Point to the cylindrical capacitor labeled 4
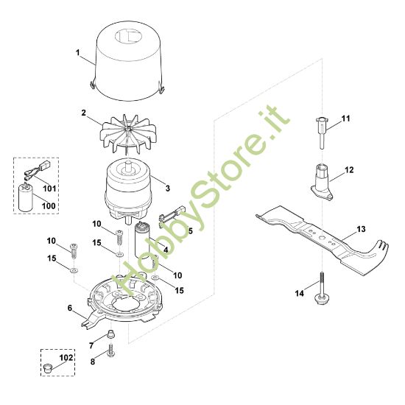(143, 238)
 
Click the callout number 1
(77, 53)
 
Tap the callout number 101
(49, 188)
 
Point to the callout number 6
(70, 308)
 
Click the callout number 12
(350, 170)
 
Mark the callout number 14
(299, 294)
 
